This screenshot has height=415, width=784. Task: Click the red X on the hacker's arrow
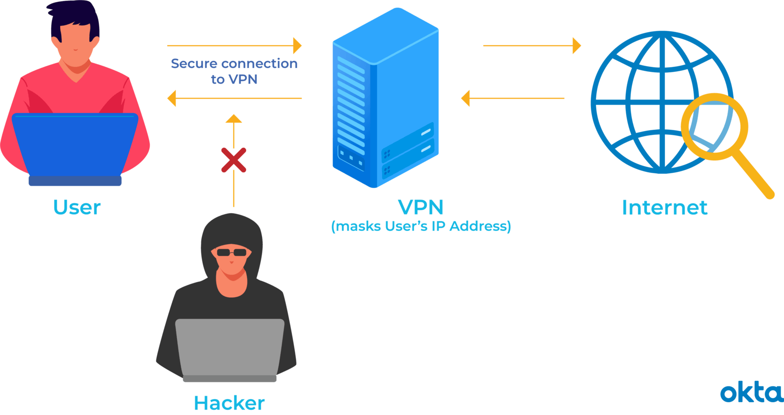point(234,160)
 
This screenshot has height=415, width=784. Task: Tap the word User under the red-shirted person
point(77,208)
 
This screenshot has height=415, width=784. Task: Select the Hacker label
point(229,403)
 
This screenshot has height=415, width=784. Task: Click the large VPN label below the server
point(421,207)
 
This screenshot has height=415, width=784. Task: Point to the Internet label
point(664,208)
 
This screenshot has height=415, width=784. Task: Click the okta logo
point(751,393)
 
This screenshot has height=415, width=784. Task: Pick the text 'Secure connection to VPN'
point(234,71)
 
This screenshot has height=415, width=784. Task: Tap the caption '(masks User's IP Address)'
point(421,226)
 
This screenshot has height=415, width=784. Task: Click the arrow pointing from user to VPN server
point(234,46)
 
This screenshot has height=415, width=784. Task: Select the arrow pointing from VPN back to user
point(234,98)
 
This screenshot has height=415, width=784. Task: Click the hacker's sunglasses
point(232,252)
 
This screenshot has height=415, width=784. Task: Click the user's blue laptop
point(75,144)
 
